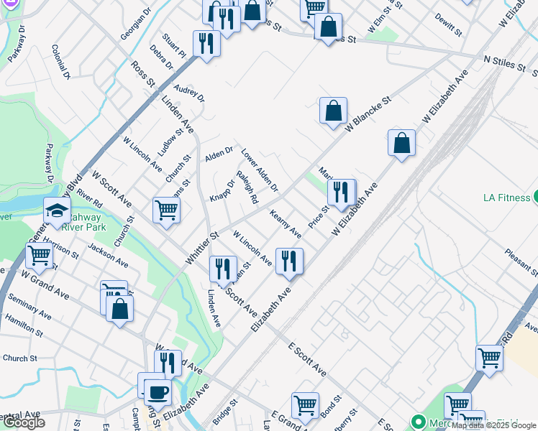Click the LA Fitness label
(x=506, y=196)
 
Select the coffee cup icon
(x=158, y=392)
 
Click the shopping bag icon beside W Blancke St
(x=333, y=111)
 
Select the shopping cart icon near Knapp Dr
(x=166, y=210)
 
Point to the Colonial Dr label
(x=60, y=61)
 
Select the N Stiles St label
(x=507, y=64)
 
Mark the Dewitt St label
(x=448, y=25)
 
